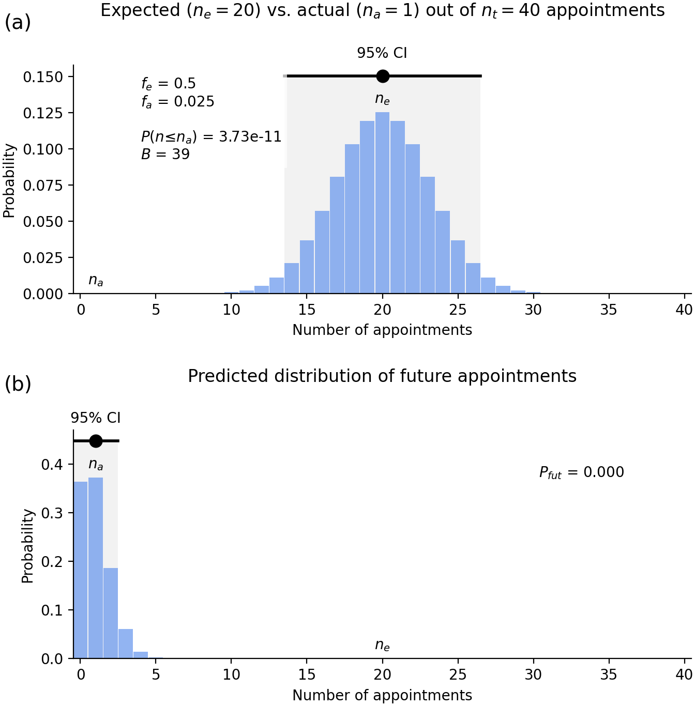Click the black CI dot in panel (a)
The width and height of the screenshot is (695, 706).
tap(383, 76)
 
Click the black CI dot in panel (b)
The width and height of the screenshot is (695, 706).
tap(96, 441)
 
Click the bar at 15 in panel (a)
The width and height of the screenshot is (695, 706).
tap(307, 267)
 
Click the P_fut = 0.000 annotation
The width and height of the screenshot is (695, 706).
tap(581, 472)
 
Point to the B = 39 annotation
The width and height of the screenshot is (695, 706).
tap(165, 154)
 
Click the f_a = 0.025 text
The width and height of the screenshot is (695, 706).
tap(177, 102)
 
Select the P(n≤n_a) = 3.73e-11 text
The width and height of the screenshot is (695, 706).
tap(211, 137)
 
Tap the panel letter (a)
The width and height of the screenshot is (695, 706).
tap(18, 22)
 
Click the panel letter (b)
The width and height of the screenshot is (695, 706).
tap(18, 384)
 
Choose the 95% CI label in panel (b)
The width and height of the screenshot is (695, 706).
tap(96, 418)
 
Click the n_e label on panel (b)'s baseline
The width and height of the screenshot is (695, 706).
tap(382, 645)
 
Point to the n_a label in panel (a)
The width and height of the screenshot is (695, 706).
tap(96, 280)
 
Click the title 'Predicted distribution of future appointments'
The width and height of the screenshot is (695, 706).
tap(382, 376)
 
